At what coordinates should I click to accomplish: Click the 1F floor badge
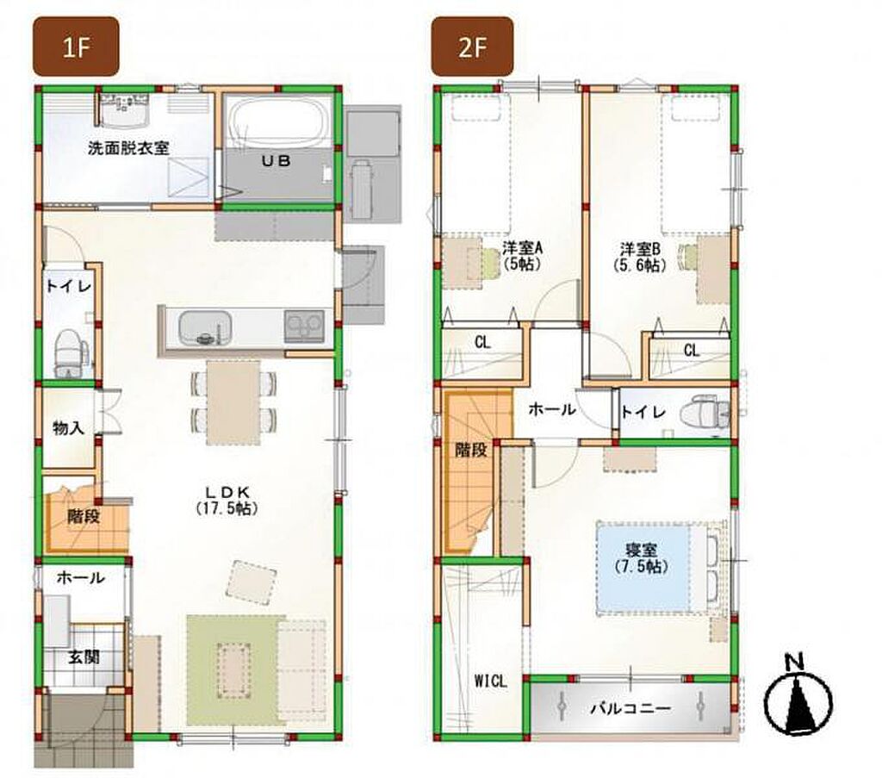76,47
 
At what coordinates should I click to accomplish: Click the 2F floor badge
472,47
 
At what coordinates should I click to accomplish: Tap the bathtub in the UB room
279,122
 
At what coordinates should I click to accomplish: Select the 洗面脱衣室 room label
128,148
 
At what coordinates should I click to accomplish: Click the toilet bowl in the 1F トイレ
71,352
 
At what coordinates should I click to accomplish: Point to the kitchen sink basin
205,328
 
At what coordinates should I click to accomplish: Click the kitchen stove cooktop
304,326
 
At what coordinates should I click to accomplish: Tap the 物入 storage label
68,428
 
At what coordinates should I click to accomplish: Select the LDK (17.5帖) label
227,500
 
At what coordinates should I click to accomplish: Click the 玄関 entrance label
84,657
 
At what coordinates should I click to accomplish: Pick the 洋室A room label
522,255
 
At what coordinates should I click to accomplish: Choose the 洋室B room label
640,256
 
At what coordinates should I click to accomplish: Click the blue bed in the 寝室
643,567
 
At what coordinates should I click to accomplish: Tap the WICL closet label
490,682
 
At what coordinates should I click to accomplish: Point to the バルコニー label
630,707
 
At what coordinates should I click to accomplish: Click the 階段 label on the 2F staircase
470,450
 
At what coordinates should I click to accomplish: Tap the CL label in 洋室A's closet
482,343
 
